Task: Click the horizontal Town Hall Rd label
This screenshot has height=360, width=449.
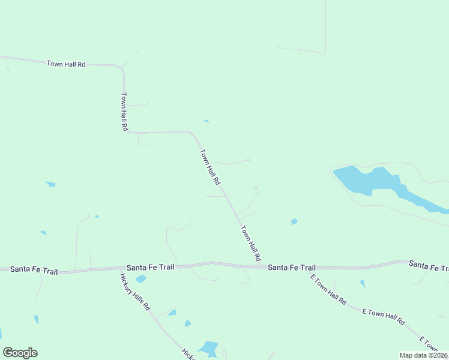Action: [x=66, y=64]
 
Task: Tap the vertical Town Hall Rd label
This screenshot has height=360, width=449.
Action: [x=124, y=112]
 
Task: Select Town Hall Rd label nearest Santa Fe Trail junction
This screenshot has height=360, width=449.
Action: [x=251, y=242]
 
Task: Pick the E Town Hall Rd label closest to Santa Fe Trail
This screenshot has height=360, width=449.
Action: [x=328, y=290]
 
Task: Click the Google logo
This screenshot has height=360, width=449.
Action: [x=20, y=353]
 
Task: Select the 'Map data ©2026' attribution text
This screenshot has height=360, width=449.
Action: [x=423, y=355]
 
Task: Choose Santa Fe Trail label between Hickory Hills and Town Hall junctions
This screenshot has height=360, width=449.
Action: [x=150, y=267]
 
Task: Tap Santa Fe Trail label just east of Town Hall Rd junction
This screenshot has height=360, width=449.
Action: [x=291, y=267]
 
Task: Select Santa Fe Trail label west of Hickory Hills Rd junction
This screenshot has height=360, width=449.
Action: [x=34, y=271]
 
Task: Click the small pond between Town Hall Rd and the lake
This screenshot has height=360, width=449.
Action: [x=294, y=222]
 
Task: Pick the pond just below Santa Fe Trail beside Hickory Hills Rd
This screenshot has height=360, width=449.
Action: [x=141, y=279]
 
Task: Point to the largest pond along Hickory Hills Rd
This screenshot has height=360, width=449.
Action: [x=208, y=348]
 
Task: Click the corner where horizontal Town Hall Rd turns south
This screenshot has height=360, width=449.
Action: [x=122, y=67]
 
